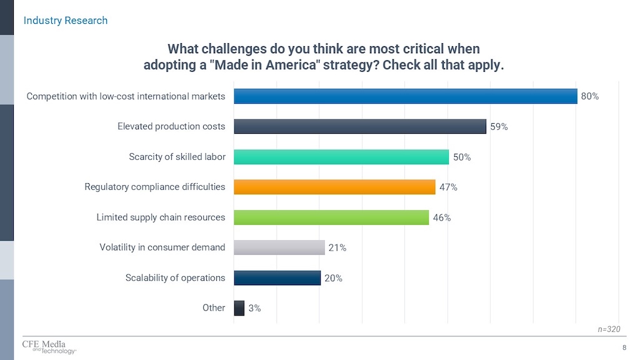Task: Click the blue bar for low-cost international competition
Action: (405, 96)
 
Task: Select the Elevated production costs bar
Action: (360, 126)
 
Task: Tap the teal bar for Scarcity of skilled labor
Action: (341, 157)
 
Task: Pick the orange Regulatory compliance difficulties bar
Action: (334, 187)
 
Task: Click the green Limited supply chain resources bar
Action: (331, 217)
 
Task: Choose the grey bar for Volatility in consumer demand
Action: (279, 247)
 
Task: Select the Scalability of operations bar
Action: (277, 277)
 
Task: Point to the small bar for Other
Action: (239, 307)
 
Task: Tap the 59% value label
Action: (499, 127)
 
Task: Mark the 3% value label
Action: (254, 308)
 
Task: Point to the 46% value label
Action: (442, 218)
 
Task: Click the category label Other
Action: (214, 307)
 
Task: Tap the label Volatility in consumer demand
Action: (162, 247)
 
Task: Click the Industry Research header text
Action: (66, 21)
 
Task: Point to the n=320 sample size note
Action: (609, 329)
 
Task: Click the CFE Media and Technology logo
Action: (47, 347)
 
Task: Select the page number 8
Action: (624, 348)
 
